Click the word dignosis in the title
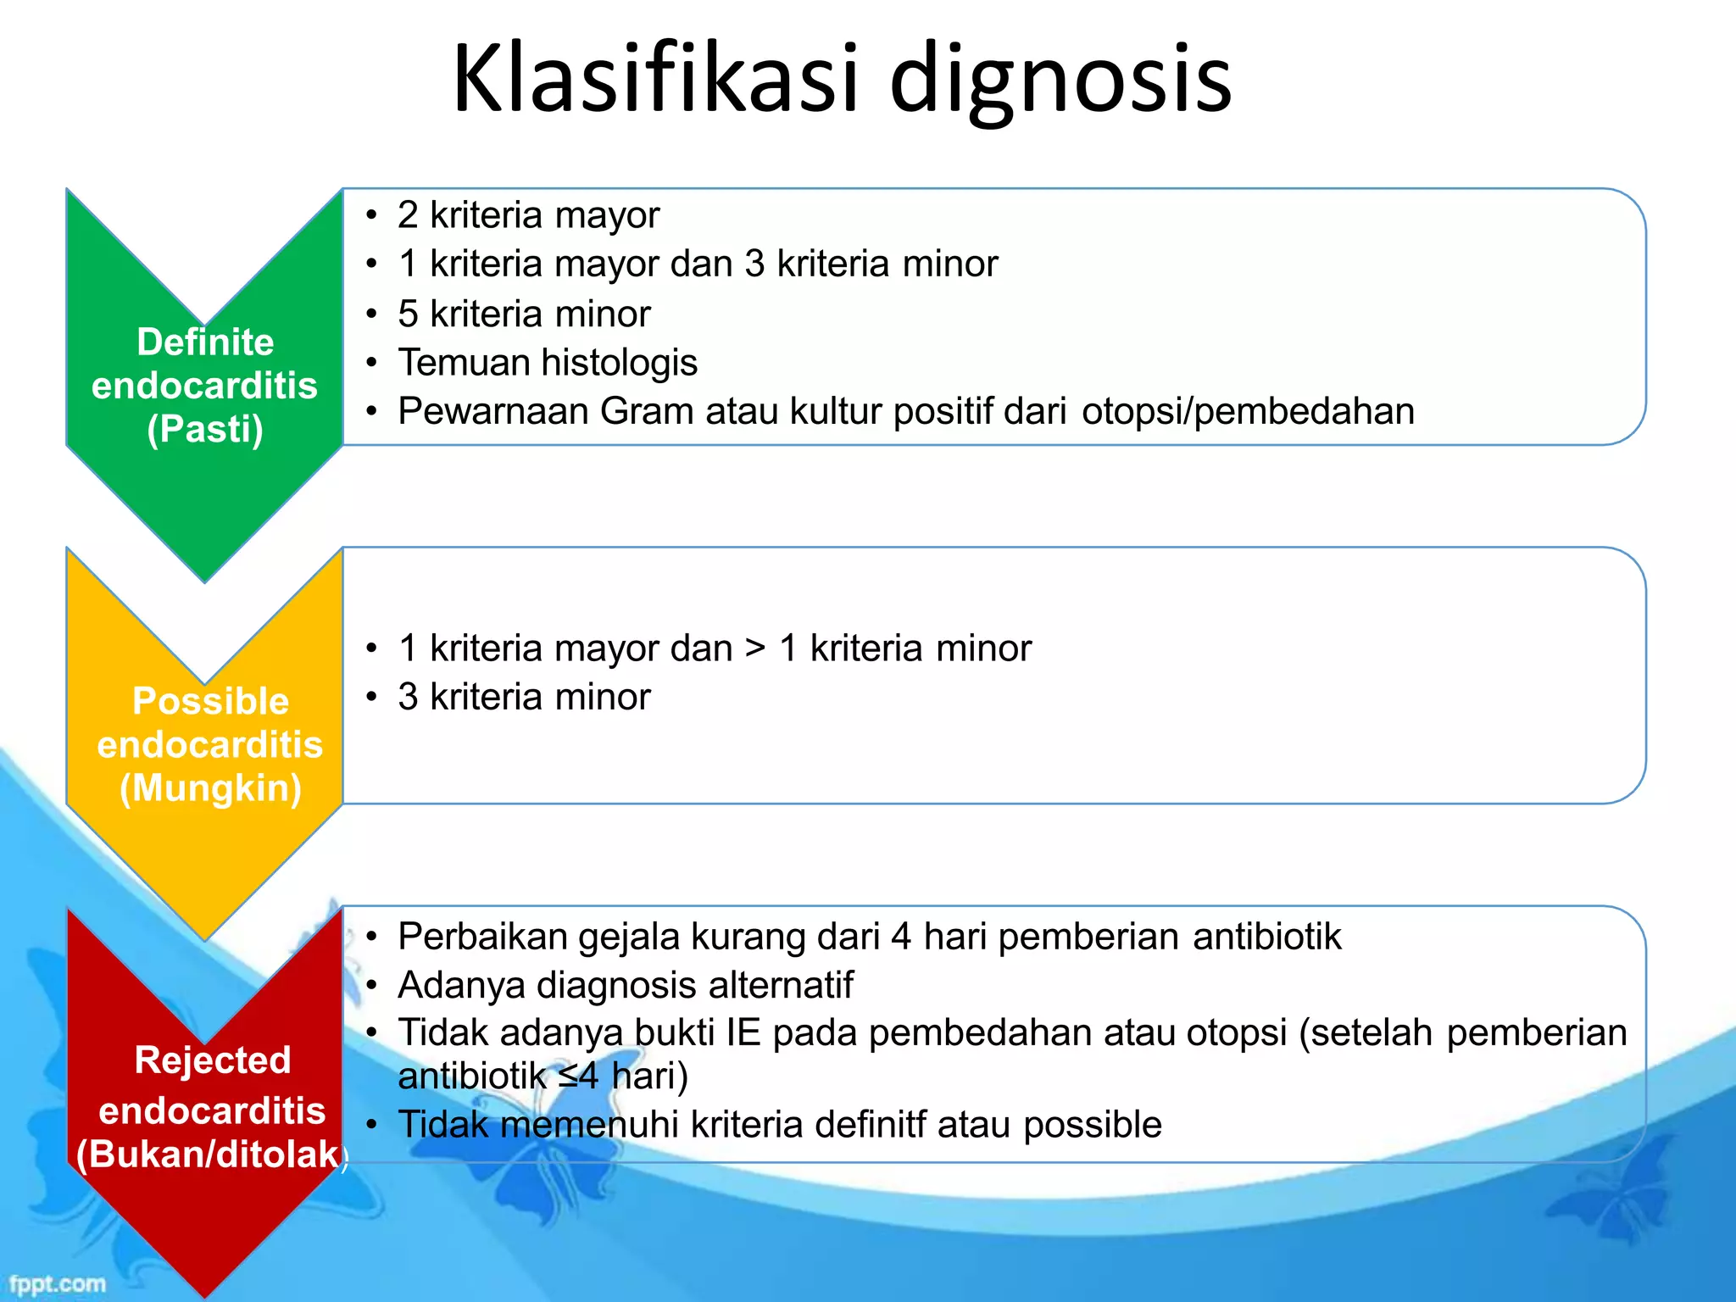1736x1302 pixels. pyautogui.click(x=1060, y=81)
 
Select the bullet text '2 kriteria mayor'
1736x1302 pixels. pyautogui.click(x=528, y=214)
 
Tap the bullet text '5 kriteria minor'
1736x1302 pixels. pyautogui.click(x=524, y=314)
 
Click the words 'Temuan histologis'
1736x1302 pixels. pyautogui.click(x=548, y=363)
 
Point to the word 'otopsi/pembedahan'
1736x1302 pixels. pyautogui.click(x=1248, y=411)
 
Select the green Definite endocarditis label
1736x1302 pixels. pyautogui.click(x=205, y=364)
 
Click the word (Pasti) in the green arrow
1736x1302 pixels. pyautogui.click(x=205, y=429)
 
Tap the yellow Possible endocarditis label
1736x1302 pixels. pyautogui.click(x=210, y=723)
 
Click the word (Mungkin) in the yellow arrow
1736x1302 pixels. pyautogui.click(x=210, y=788)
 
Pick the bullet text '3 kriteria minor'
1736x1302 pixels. pyautogui.click(x=524, y=697)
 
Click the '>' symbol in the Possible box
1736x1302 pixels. pyautogui.click(x=755, y=648)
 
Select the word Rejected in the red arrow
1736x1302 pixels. pyautogui.click(x=212, y=1060)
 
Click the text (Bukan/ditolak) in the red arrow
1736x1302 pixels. pyautogui.click(x=210, y=1155)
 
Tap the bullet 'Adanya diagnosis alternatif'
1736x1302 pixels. pyautogui.click(x=625, y=985)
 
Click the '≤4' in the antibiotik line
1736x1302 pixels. pyautogui.click(x=579, y=1077)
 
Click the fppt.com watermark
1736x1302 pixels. pyautogui.click(x=58, y=1283)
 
